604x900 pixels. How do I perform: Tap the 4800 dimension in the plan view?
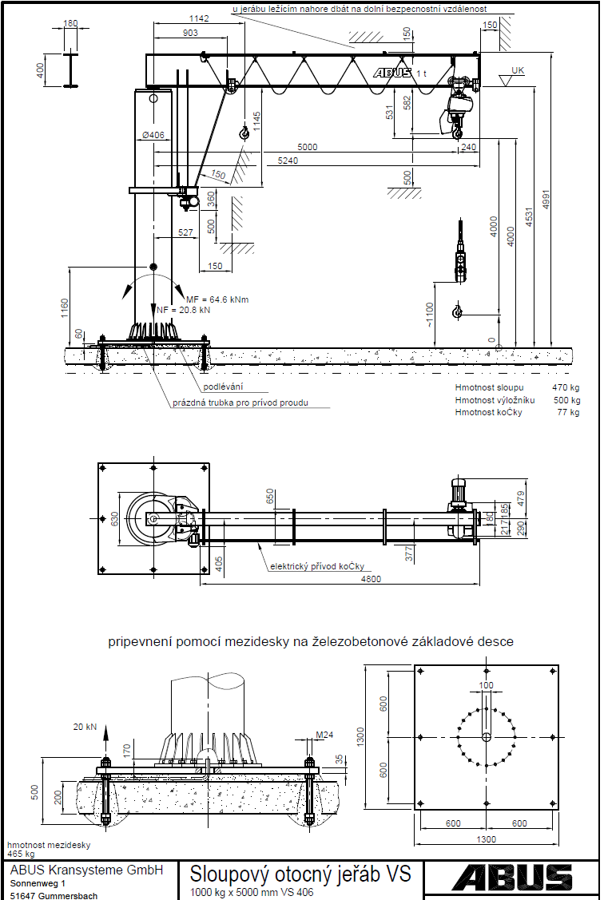(x=370, y=579)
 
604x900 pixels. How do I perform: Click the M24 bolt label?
(x=324, y=735)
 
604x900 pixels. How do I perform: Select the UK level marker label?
(x=518, y=71)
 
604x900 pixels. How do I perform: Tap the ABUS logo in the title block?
(x=511, y=878)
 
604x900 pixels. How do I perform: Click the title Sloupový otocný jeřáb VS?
(x=300, y=874)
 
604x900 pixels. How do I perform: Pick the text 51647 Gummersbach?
(x=54, y=895)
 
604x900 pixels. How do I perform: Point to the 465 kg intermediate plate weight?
(x=21, y=854)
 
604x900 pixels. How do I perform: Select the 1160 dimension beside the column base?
(x=64, y=307)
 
